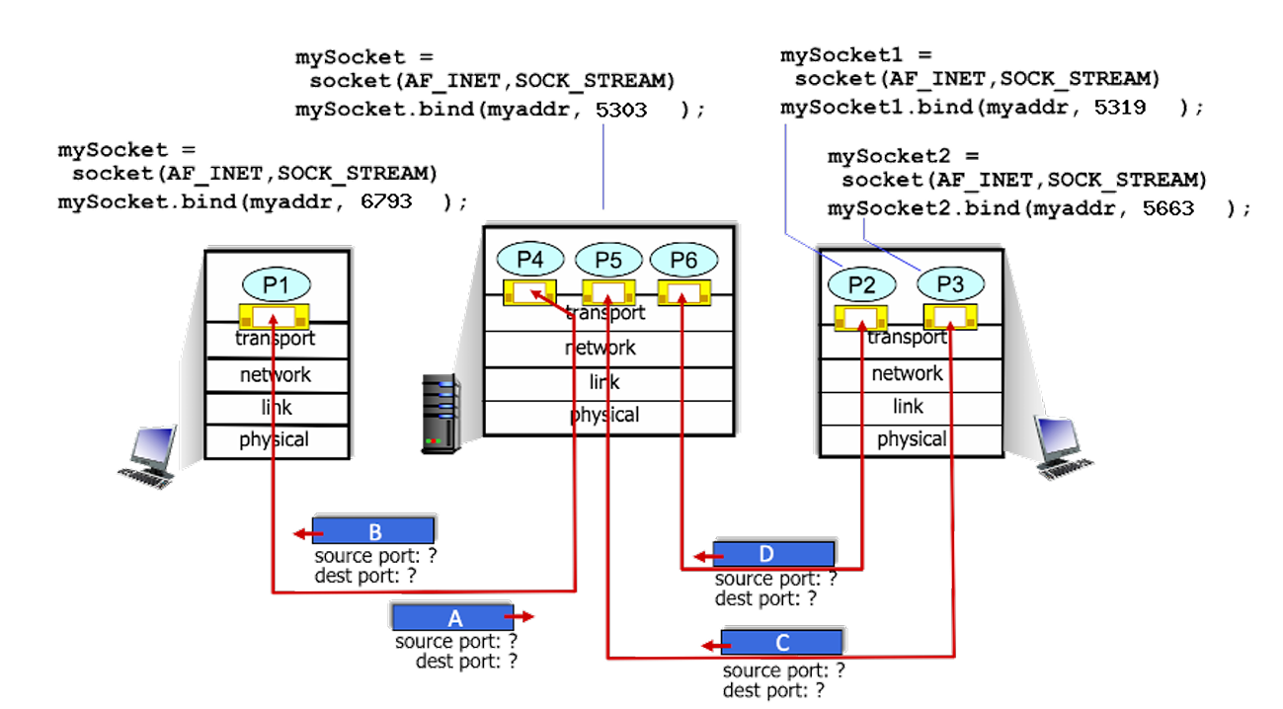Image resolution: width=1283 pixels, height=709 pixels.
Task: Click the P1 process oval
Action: coord(276,284)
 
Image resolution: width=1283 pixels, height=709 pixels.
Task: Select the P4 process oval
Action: coord(530,260)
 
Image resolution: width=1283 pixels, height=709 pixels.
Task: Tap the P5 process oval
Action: coord(608,260)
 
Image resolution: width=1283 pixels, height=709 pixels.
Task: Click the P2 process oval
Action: coord(861,284)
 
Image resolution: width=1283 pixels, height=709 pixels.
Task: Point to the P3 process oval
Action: coord(951,284)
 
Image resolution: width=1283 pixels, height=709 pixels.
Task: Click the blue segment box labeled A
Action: coord(454,617)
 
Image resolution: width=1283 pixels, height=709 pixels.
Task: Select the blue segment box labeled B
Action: coord(373,531)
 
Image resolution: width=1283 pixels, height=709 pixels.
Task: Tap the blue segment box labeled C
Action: coord(781,642)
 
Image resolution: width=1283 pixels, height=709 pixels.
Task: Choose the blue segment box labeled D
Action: coord(773,553)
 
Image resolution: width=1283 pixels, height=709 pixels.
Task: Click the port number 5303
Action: coord(622,110)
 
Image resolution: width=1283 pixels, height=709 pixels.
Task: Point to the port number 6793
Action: coord(387,200)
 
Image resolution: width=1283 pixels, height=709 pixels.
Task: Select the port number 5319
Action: coord(1120,107)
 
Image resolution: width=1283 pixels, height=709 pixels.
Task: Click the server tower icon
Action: coord(441,414)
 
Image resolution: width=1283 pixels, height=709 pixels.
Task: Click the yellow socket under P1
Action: coord(275,317)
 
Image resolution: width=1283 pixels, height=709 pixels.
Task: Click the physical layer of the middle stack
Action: coord(606,415)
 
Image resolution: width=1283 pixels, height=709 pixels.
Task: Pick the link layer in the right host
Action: coord(908,406)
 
